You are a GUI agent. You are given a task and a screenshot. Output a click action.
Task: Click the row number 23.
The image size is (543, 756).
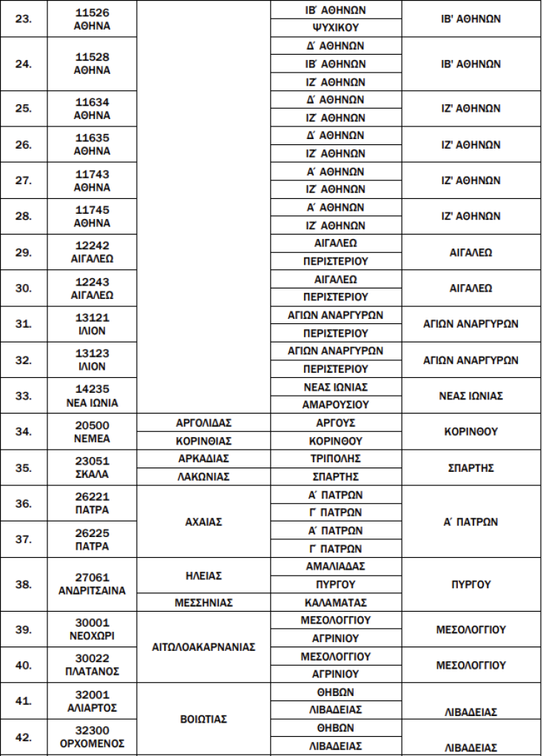[x=23, y=19]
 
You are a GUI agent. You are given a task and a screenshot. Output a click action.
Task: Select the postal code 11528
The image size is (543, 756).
[x=92, y=57]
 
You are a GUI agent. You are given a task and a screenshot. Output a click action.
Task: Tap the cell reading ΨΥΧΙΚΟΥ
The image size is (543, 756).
[x=336, y=28]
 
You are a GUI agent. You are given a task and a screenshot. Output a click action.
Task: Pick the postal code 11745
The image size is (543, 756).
[x=92, y=209]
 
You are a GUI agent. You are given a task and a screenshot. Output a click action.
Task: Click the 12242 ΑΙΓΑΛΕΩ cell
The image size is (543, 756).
[x=92, y=252]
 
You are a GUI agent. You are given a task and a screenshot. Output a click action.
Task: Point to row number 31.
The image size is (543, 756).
[x=23, y=324]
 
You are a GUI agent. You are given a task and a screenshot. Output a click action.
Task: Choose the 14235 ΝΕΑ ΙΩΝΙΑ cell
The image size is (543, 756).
[x=92, y=396]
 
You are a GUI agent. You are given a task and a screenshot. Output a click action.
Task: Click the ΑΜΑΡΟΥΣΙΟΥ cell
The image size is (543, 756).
[x=336, y=405]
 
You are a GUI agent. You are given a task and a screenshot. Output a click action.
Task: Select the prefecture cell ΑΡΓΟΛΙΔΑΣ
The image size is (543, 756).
[x=203, y=423]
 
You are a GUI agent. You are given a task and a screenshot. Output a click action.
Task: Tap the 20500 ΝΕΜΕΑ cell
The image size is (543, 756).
[x=92, y=432]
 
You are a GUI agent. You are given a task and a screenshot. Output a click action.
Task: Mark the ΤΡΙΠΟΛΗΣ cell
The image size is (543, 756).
[x=336, y=459]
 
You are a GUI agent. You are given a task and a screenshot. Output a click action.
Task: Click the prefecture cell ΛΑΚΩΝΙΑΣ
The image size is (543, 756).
[x=203, y=476]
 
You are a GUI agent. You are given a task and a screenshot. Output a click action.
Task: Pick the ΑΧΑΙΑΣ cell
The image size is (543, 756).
[x=203, y=522]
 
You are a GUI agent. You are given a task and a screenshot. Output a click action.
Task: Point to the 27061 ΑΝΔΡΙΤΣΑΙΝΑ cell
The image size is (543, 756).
[x=92, y=584]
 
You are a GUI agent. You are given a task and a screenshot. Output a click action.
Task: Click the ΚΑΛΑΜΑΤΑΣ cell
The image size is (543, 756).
[x=336, y=603]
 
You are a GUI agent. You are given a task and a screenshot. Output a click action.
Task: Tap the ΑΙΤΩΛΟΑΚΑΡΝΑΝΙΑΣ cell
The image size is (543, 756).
[x=203, y=647]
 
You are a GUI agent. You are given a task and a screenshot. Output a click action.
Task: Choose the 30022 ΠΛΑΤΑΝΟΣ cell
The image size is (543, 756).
[x=92, y=665]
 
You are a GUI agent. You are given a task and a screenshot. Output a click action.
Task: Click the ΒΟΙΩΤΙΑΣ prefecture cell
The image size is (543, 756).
[x=203, y=718]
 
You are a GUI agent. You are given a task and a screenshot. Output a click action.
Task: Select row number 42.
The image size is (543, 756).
[x=23, y=737]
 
